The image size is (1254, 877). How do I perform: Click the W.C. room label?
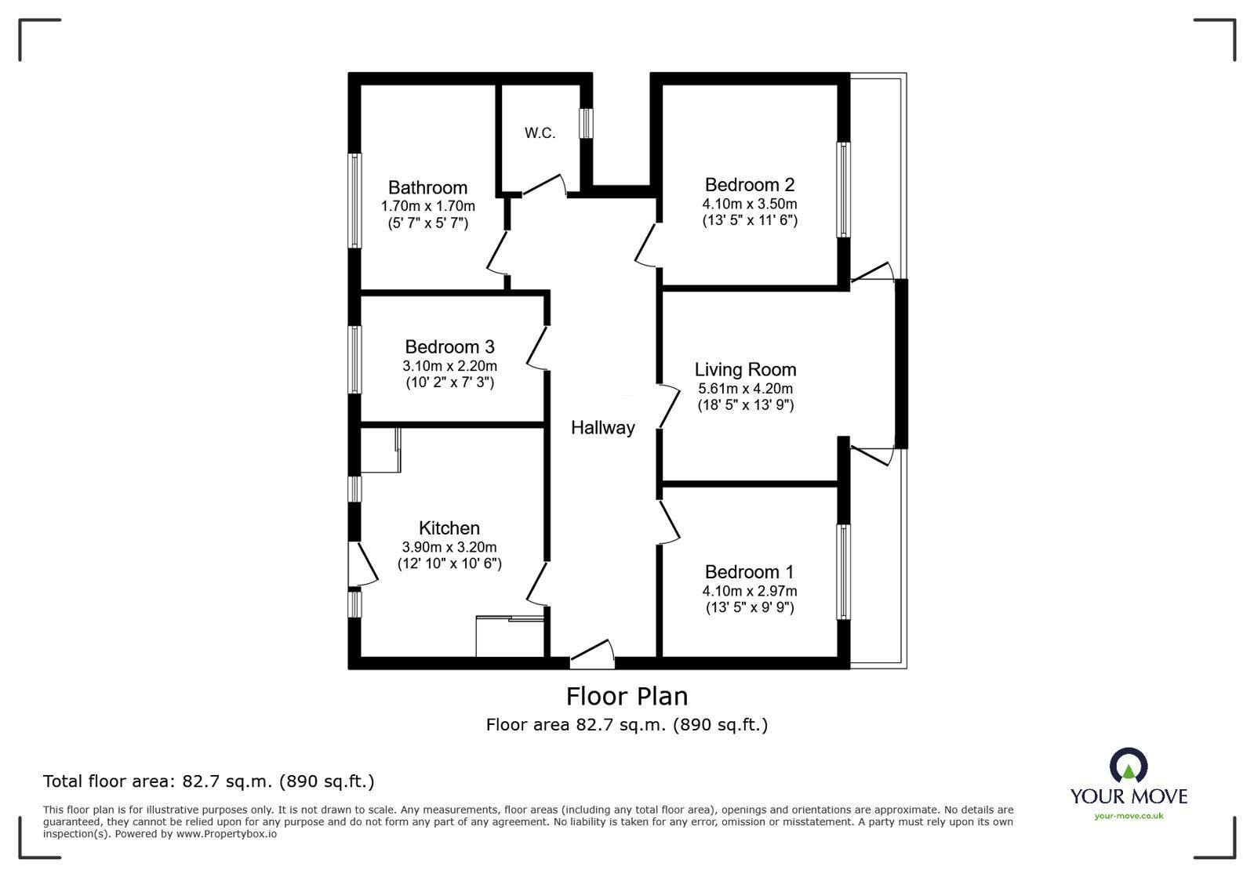540,133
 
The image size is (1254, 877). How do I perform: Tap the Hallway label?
602,428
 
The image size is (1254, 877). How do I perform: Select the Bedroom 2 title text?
749,185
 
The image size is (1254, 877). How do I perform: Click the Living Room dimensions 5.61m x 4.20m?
745,389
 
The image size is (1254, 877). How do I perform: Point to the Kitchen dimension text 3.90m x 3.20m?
449,547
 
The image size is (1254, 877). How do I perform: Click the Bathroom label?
427,187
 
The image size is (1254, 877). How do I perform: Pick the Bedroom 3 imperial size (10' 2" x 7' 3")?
449,382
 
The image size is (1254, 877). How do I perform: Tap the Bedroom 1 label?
749,572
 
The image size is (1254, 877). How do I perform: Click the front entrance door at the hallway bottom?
592,654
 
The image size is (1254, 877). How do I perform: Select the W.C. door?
543,185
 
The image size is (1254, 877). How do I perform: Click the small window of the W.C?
586,123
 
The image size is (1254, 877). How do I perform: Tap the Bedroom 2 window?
843,189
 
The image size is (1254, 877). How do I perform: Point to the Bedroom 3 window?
355,359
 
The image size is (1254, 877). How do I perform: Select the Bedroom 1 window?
843,571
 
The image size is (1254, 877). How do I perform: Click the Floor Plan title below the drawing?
627,696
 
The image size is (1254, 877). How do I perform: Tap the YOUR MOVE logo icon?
1128,766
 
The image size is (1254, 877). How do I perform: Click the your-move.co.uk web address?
1129,816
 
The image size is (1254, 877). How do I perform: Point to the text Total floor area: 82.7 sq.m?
208,781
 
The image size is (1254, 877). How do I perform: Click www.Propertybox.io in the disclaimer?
226,834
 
